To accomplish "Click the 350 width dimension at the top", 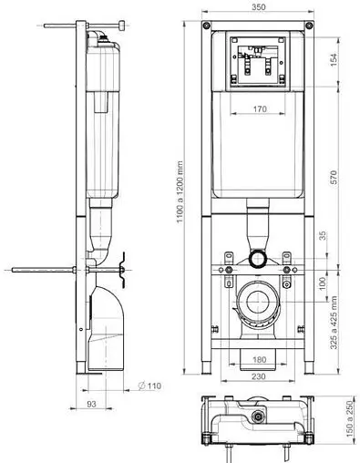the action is coord(259,7).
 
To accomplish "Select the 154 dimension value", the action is coord(334,60).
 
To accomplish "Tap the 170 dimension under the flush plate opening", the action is coord(260,108).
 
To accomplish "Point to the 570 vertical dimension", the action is coord(334,177).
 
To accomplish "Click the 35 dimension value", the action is coord(323,236).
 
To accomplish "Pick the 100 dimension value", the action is coord(323,283).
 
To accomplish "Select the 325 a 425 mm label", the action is coord(334,323).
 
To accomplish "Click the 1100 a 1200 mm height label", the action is coord(180,191).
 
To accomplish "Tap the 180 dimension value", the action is coord(259,360).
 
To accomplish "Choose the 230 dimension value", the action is coord(259,376).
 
